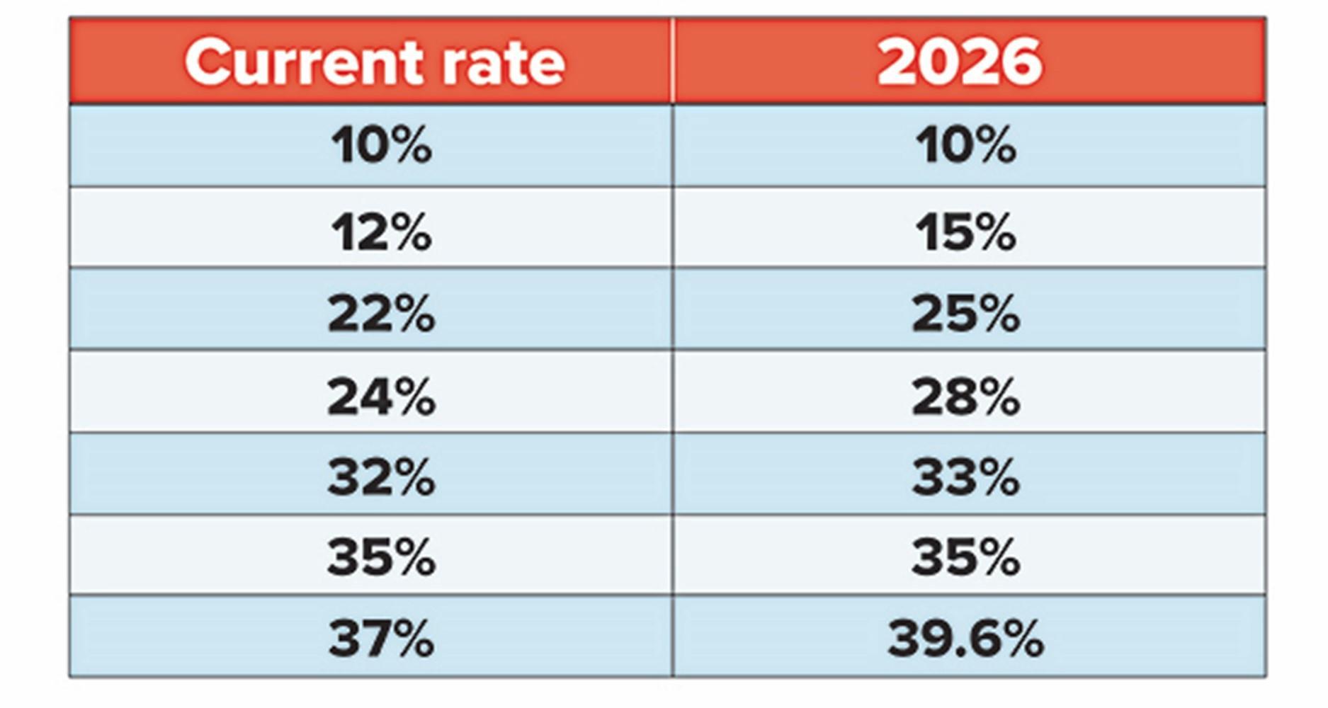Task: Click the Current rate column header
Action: [x=374, y=62]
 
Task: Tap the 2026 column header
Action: [x=960, y=62]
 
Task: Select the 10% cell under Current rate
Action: [x=381, y=146]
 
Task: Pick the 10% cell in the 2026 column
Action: [x=965, y=146]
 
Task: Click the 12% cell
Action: [x=381, y=232]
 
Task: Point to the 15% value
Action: [x=965, y=232]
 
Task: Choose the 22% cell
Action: [x=381, y=314]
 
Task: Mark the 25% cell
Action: [x=965, y=314]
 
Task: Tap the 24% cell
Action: [x=381, y=396]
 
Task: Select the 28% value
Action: [x=965, y=396]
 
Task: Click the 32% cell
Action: [x=381, y=477]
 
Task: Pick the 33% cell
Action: [x=965, y=477]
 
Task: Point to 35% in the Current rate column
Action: [x=381, y=558]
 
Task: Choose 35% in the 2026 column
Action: [x=965, y=558]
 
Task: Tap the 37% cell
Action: [x=381, y=639]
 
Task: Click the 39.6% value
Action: [x=965, y=639]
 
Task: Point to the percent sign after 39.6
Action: [x=1018, y=639]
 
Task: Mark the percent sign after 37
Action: [x=409, y=639]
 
